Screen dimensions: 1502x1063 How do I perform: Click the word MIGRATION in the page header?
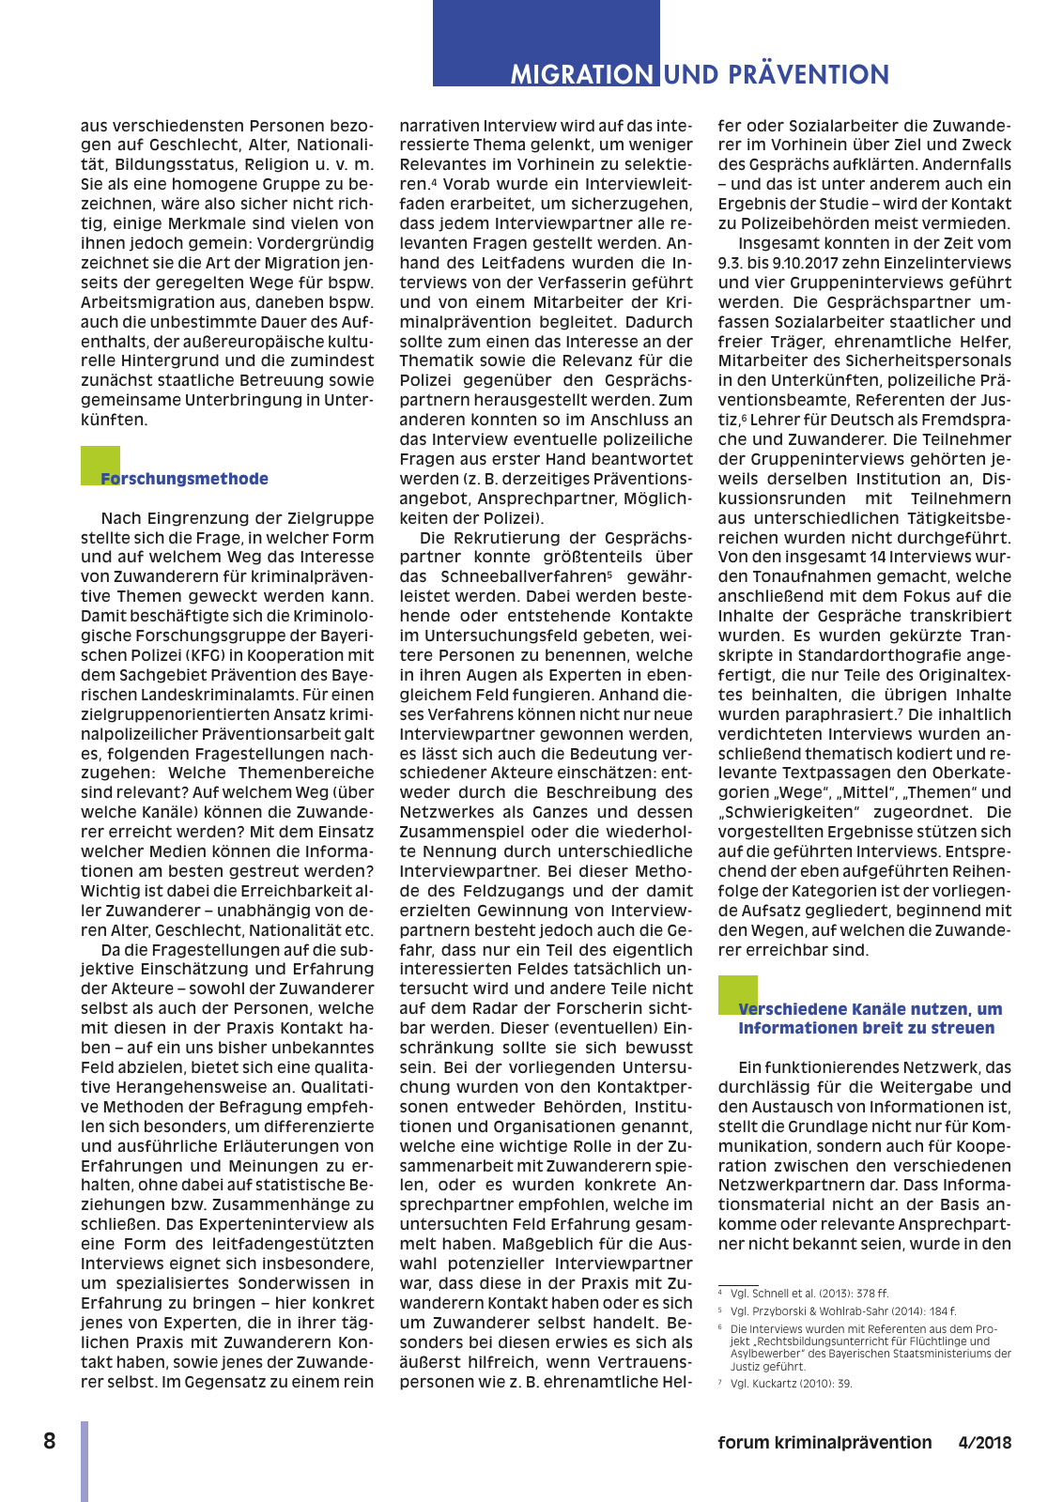582,74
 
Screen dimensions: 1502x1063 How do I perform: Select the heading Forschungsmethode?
184,479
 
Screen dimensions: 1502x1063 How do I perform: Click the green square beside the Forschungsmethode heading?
100,465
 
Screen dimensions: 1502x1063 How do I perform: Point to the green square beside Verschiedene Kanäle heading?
737,994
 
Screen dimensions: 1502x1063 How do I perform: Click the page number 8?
50,1441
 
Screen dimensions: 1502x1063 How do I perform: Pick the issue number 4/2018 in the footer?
984,1443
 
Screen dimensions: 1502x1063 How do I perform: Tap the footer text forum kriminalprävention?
824,1443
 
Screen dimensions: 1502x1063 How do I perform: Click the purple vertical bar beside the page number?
85,1461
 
